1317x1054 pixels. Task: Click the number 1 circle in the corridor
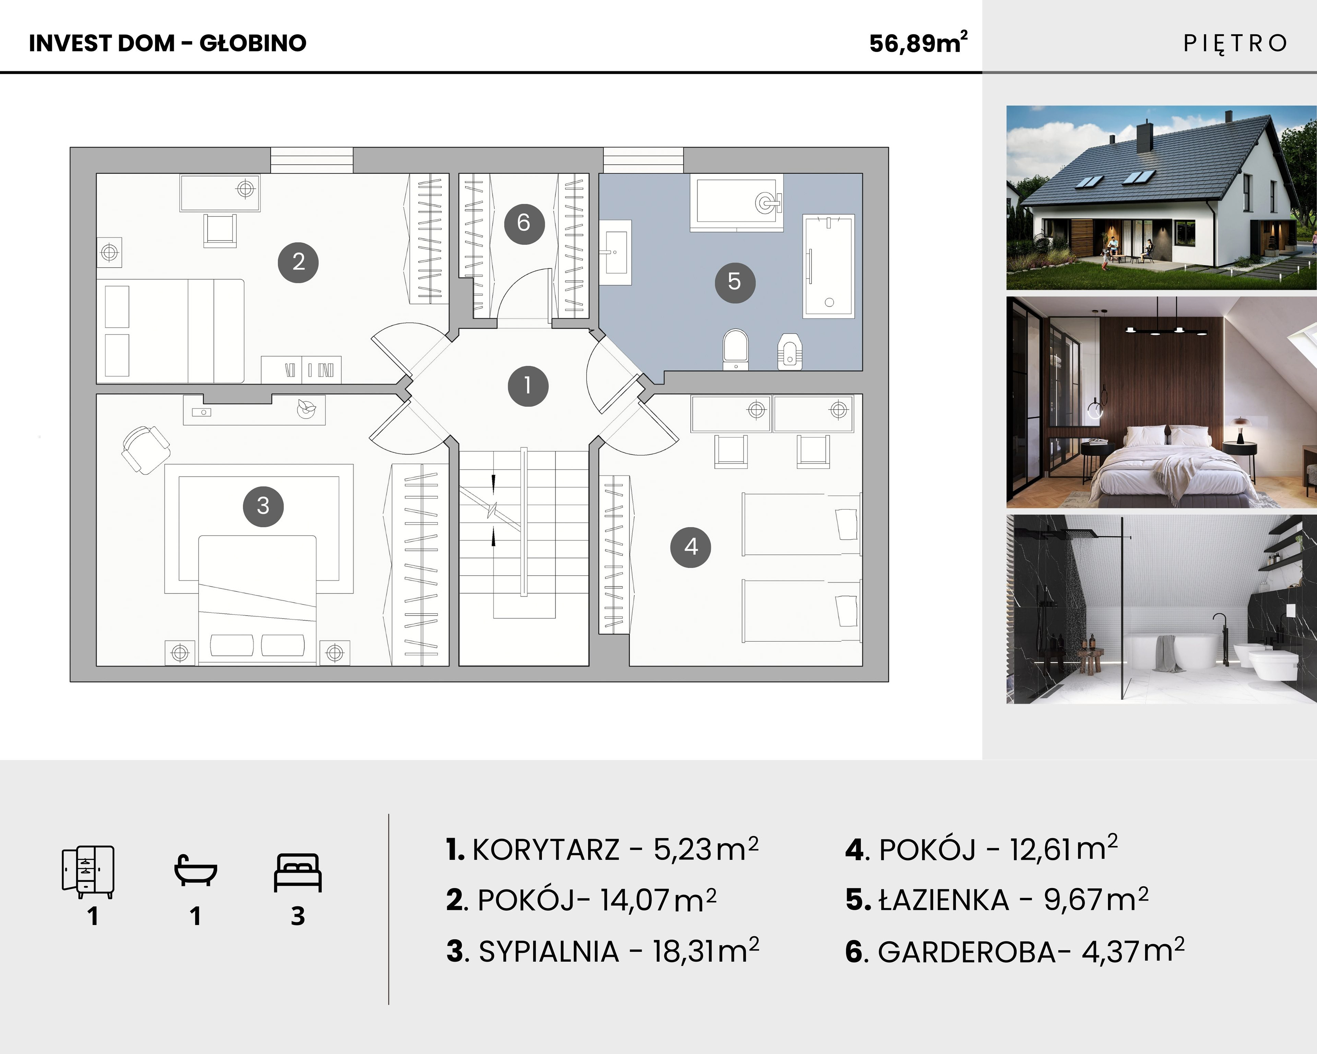coord(528,386)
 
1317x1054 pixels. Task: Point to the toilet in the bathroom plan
coord(735,350)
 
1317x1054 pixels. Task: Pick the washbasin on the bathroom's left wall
coord(615,252)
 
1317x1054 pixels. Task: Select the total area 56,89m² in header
coord(918,43)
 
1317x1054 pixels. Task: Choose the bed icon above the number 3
coord(297,873)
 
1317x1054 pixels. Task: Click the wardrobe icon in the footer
coord(88,872)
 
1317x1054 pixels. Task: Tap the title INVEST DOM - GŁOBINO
coord(167,43)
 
